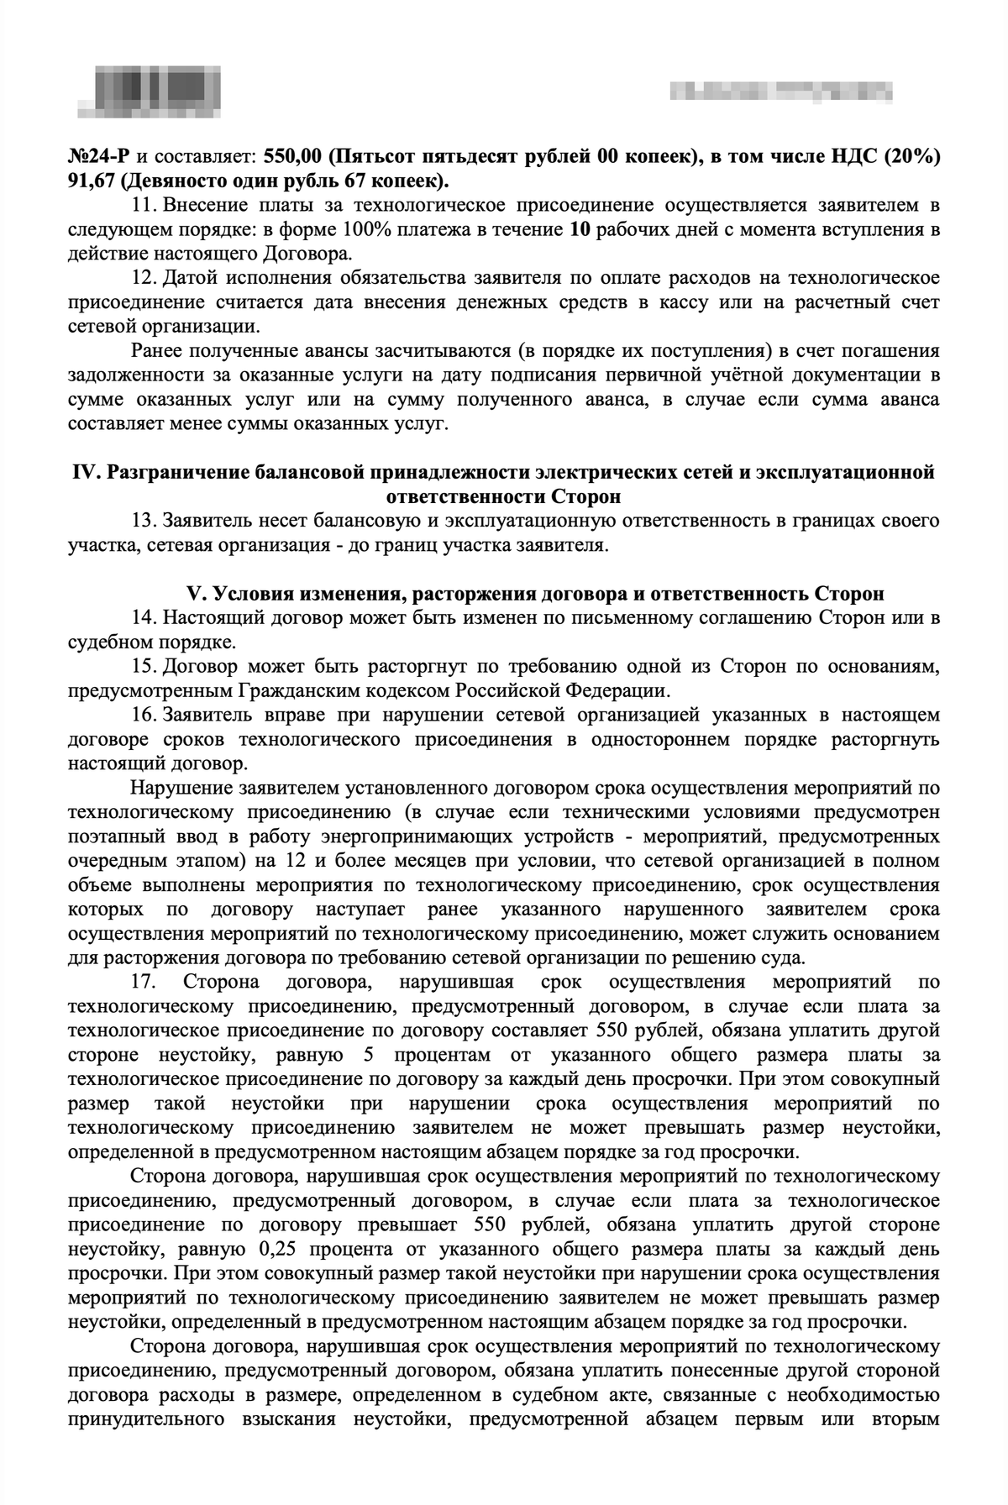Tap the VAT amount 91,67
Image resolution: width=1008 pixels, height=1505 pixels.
click(93, 181)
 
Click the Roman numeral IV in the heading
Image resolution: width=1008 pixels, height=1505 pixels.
click(85, 472)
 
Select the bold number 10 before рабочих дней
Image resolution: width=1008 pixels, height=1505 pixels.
click(581, 228)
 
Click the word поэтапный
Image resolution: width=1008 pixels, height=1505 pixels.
click(118, 837)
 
